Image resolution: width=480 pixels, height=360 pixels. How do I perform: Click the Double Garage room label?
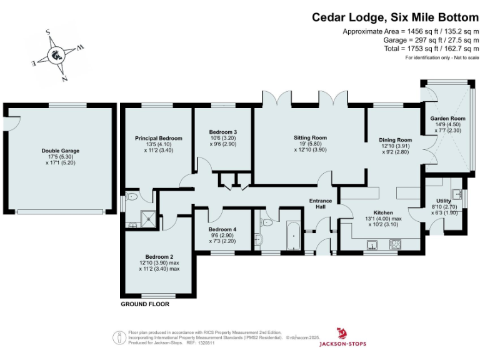(61, 151)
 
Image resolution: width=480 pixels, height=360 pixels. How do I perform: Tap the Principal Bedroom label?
(159, 138)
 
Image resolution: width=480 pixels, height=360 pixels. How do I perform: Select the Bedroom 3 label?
(223, 132)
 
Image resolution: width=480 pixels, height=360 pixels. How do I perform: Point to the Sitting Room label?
(311, 137)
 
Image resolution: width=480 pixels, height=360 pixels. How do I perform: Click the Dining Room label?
(396, 140)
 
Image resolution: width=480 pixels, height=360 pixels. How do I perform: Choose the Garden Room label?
(448, 119)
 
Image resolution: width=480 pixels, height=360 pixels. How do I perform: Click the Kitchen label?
(383, 212)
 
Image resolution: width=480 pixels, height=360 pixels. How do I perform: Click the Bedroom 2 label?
(159, 256)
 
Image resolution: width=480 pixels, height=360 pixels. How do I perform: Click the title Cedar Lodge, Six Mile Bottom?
(395, 17)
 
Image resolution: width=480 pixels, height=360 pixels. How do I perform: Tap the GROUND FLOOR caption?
(145, 304)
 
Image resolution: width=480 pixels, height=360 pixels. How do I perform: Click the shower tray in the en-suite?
(149, 217)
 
